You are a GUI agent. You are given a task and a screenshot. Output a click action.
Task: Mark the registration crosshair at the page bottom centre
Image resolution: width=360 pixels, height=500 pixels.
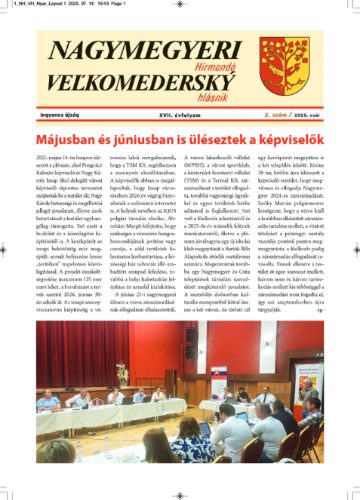(x=180, y=491)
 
